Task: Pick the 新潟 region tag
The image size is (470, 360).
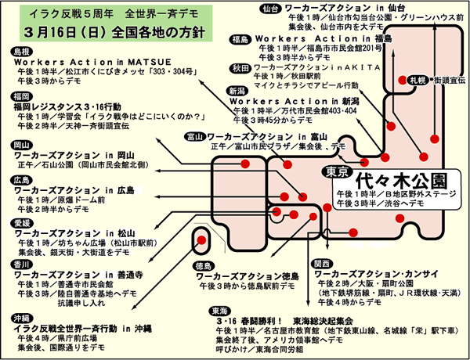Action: point(237,91)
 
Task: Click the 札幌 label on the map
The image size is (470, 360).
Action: point(418,79)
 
